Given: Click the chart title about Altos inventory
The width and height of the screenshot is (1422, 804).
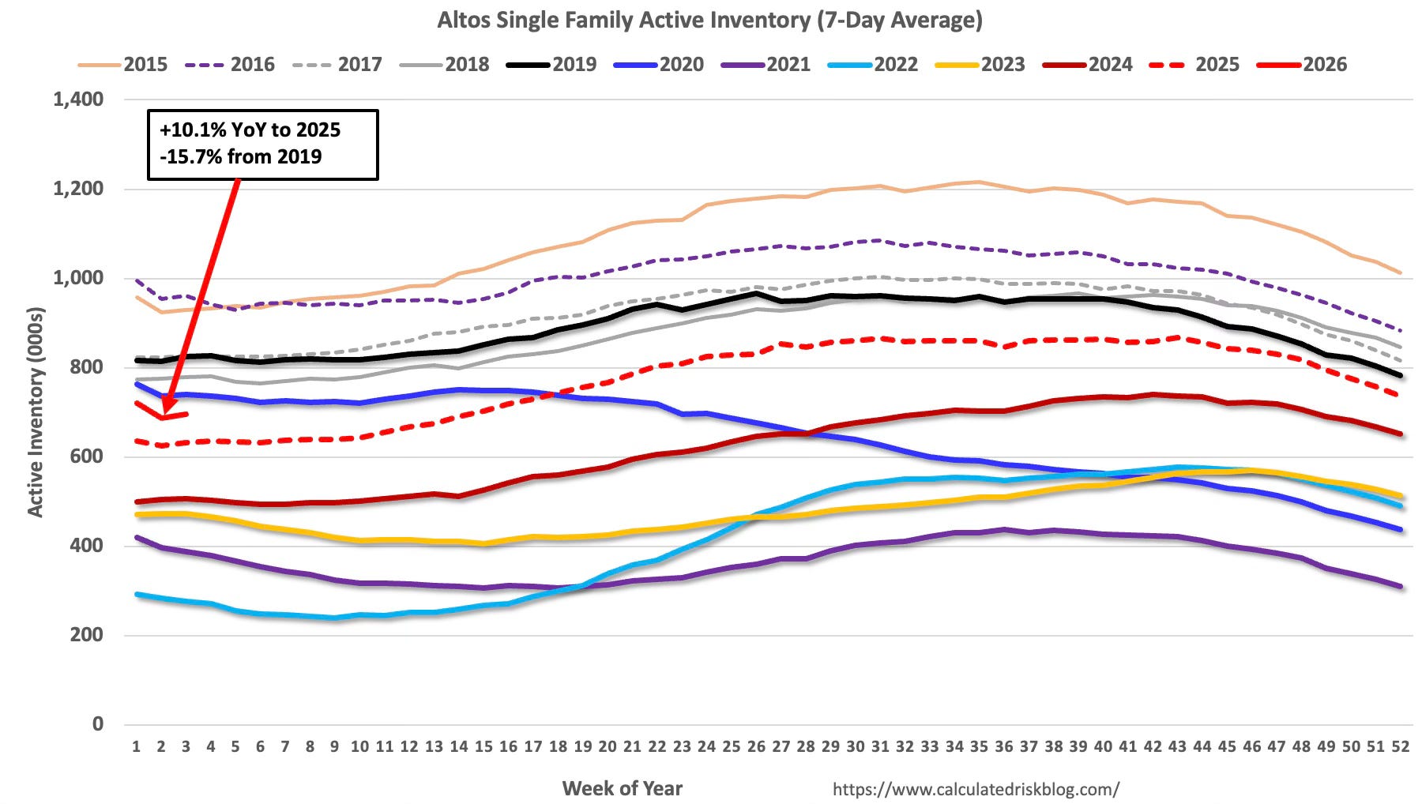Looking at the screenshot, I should tap(709, 20).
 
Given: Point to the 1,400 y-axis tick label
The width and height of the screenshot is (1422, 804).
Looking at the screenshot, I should tap(78, 100).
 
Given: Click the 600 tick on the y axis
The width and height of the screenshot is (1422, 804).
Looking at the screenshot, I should tap(86, 456).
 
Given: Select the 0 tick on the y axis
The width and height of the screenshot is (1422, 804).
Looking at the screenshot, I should tap(97, 724).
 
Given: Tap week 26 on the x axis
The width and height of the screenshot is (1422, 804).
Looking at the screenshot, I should tap(756, 746).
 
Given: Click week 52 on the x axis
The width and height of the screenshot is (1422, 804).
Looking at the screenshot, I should tap(1400, 746).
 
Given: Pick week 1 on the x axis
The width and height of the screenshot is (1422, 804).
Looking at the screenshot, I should tap(136, 746).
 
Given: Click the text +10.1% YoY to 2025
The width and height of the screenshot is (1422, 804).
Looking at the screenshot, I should tap(250, 130).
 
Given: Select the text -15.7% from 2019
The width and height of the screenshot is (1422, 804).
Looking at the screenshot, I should tap(241, 156).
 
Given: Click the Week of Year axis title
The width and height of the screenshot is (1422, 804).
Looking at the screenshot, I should tap(622, 788).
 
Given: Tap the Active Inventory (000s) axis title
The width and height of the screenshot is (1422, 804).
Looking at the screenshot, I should tap(36, 411).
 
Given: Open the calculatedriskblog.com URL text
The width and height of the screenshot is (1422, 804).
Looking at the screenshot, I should tap(976, 789).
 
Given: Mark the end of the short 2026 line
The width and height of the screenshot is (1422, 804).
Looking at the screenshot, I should tap(186, 413).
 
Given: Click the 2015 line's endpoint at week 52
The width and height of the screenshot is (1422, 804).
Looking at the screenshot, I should tap(1400, 273).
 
